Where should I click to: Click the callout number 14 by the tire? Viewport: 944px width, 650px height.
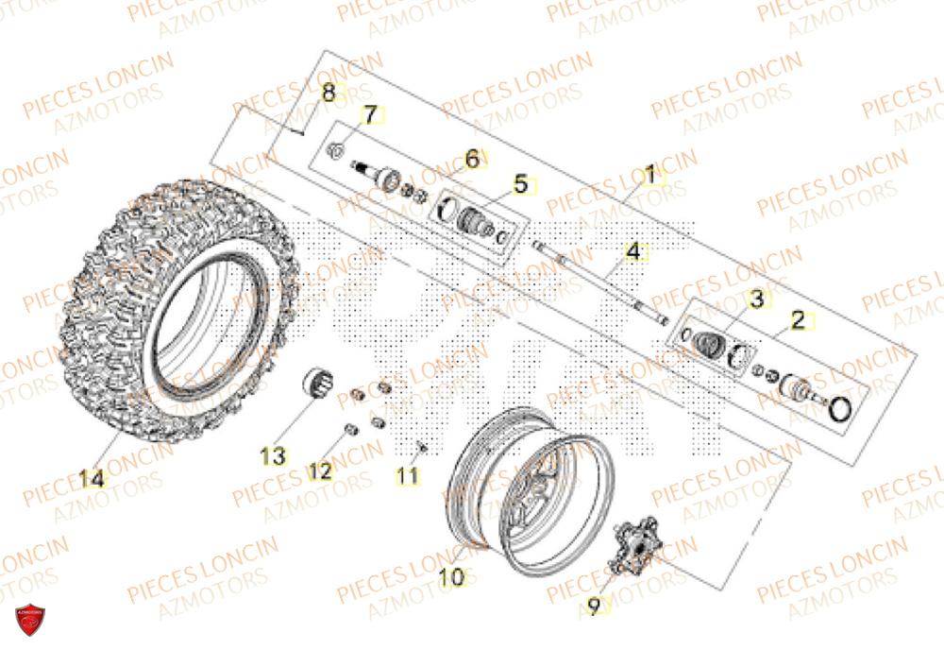[x=92, y=479]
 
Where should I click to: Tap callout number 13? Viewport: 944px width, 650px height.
[x=273, y=457]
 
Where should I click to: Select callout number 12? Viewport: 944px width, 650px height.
[x=320, y=470]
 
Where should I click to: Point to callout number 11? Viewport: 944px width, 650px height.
[x=407, y=477]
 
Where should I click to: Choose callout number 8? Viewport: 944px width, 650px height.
[x=329, y=93]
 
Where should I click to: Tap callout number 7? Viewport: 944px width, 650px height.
[x=370, y=114]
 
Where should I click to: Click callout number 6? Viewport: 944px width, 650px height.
[x=472, y=159]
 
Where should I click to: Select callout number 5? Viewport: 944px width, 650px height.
[x=520, y=185]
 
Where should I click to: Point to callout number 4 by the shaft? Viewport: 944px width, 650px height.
[x=633, y=252]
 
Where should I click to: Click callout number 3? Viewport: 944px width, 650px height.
[x=756, y=299]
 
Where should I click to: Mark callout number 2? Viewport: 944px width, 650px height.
[x=798, y=320]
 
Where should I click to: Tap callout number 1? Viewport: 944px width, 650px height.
[x=649, y=175]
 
